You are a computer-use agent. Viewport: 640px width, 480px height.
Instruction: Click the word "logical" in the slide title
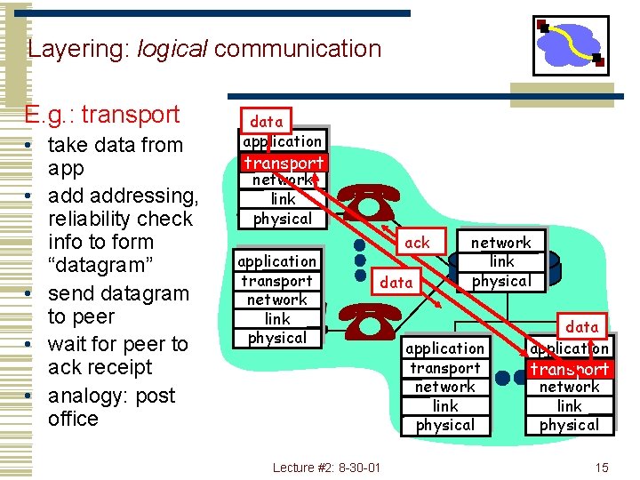click(172, 49)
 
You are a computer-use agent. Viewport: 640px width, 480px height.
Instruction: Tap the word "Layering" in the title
click(78, 49)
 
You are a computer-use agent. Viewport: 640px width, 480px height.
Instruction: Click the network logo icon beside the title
click(571, 45)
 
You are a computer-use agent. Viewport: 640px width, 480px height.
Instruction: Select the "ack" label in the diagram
click(416, 242)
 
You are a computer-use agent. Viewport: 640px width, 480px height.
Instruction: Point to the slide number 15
click(602, 467)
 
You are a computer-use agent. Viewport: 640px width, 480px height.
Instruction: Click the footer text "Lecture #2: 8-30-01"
click(326, 467)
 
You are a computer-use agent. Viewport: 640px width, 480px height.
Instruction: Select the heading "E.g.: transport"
click(102, 115)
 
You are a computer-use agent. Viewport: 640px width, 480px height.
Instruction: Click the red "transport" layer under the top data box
click(284, 163)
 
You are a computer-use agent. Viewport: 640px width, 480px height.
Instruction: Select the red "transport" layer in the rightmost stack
click(570, 368)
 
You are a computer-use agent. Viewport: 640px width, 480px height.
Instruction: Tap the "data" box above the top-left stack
click(267, 121)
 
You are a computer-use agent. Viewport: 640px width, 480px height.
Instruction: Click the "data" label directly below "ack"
click(396, 282)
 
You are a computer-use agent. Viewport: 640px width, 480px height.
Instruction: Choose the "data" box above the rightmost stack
click(582, 326)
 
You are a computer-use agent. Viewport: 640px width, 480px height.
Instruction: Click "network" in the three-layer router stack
click(500, 242)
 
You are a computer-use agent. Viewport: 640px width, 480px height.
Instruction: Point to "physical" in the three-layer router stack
click(500, 281)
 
